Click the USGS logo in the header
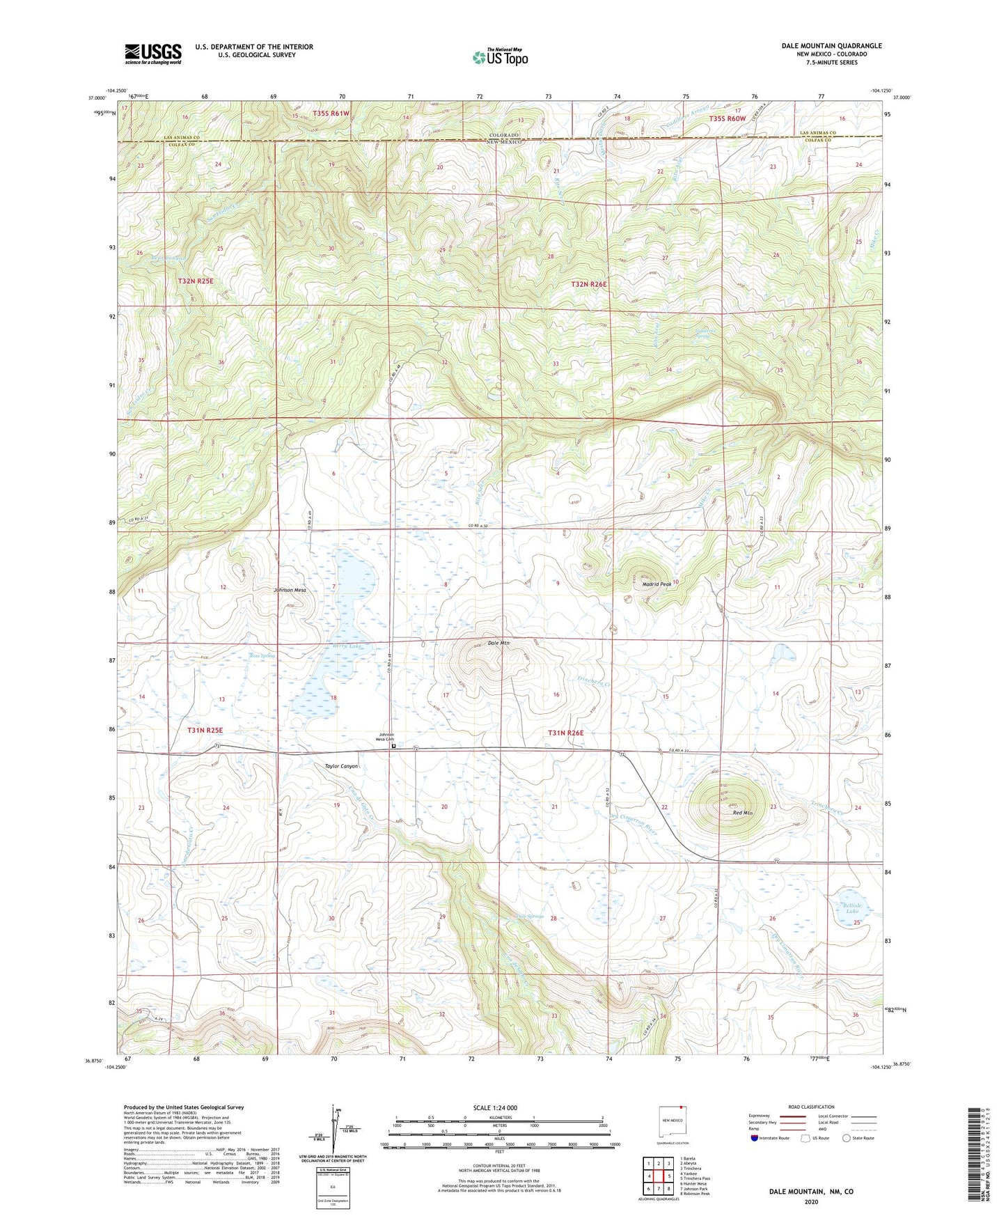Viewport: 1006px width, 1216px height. click(x=153, y=54)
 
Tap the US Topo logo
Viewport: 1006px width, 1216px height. click(x=500, y=57)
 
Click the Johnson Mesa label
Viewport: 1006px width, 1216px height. click(x=290, y=590)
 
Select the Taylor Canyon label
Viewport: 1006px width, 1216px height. click(x=341, y=766)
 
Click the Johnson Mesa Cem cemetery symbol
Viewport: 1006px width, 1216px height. click(x=393, y=746)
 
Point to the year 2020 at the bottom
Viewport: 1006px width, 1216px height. click(x=811, y=1202)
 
